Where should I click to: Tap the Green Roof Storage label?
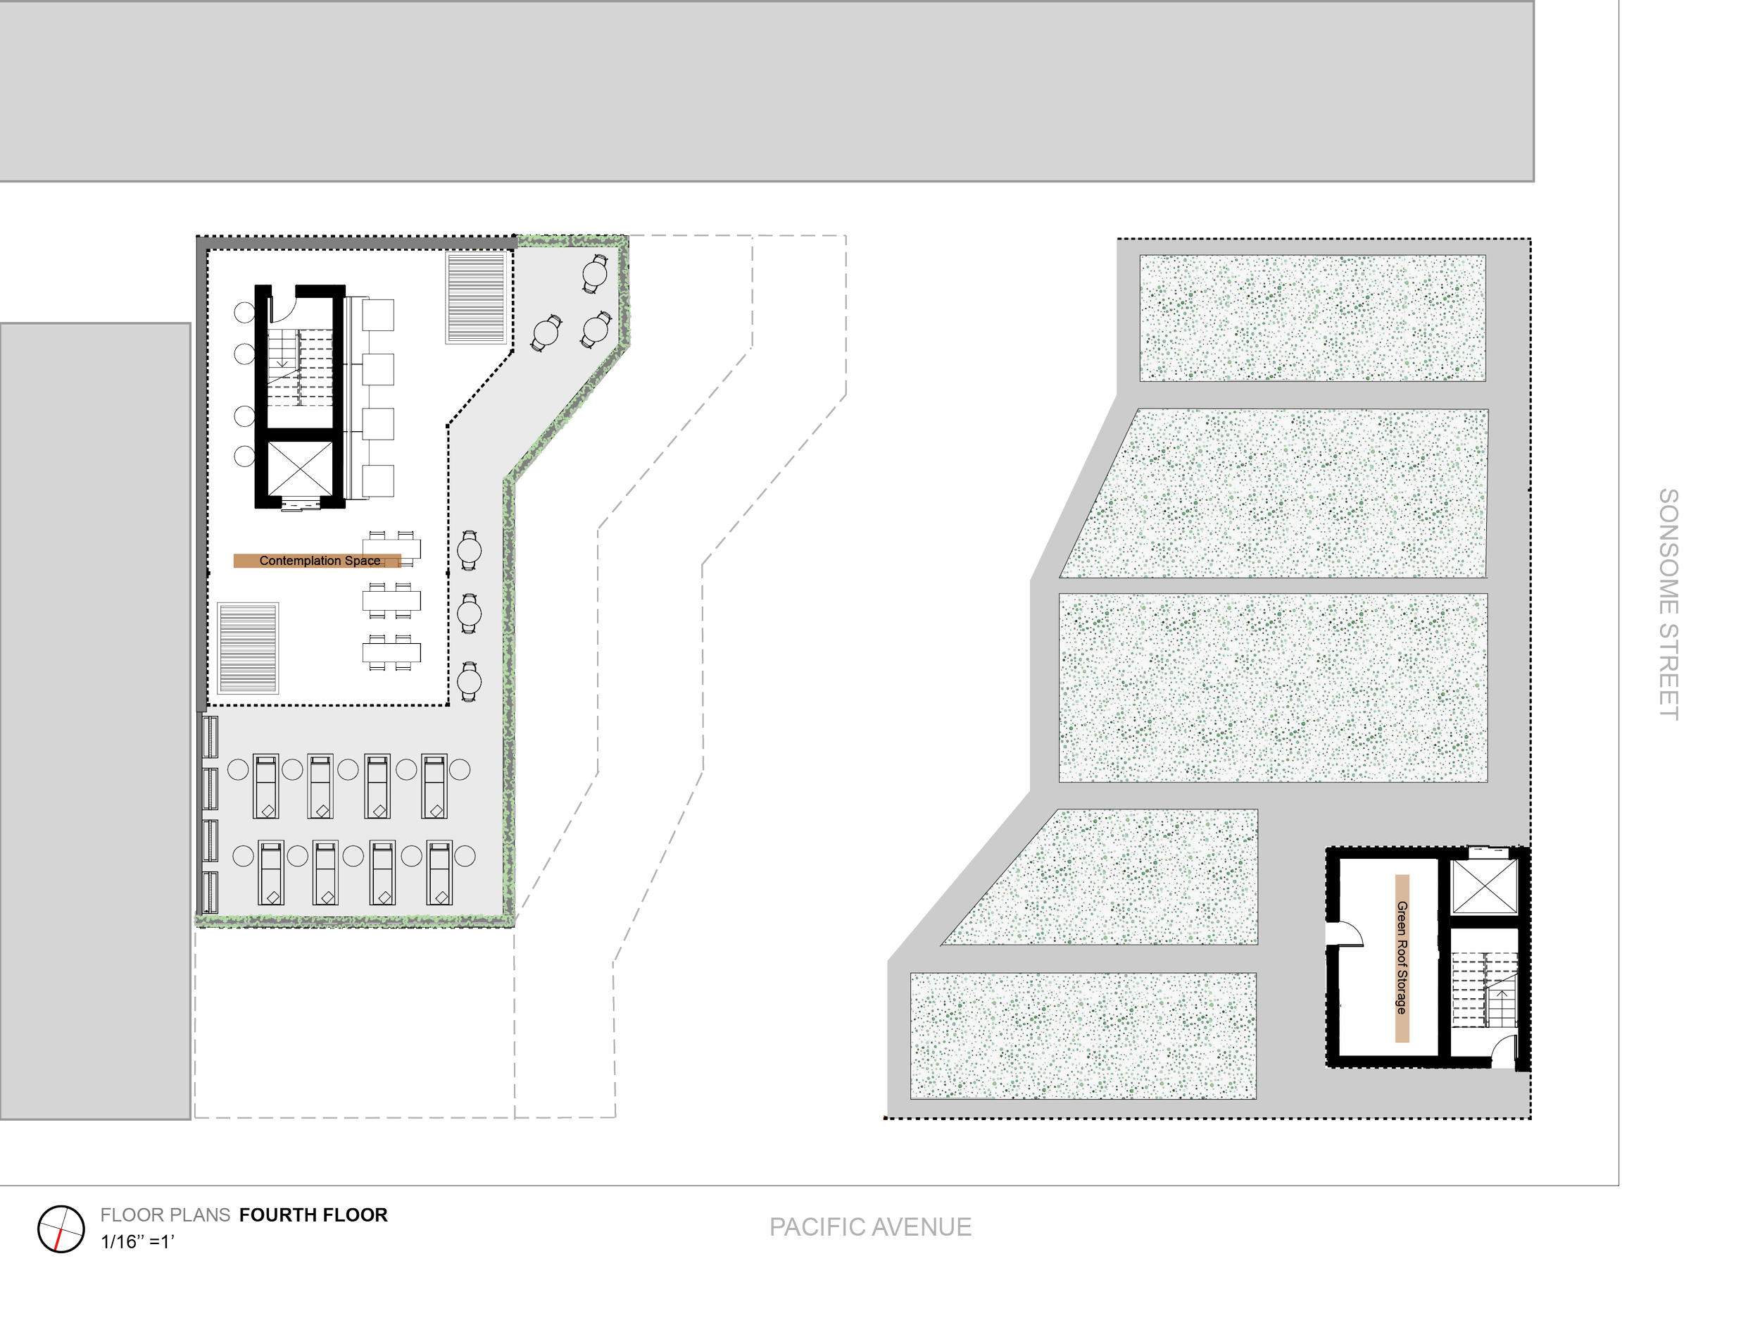pos(1402,957)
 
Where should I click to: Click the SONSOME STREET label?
pos(1668,604)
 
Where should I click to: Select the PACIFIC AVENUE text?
pos(869,1226)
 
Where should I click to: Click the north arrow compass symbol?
pos(61,1229)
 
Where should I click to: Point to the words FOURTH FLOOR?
pos(313,1215)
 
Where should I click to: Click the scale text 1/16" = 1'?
pos(137,1242)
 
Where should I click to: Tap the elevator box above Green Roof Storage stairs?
pos(1485,887)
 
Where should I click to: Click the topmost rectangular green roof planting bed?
pos(1312,318)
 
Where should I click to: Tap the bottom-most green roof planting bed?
pos(1083,1036)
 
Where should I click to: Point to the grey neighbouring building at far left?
pos(94,721)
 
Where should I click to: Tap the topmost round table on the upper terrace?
pos(595,274)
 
